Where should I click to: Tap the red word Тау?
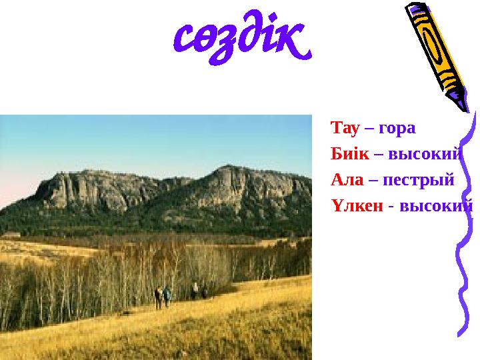point(343,127)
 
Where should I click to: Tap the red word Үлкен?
point(357,207)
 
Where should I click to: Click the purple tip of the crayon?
point(462,105)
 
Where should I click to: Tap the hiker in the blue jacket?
point(167,294)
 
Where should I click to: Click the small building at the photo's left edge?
point(9,235)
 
